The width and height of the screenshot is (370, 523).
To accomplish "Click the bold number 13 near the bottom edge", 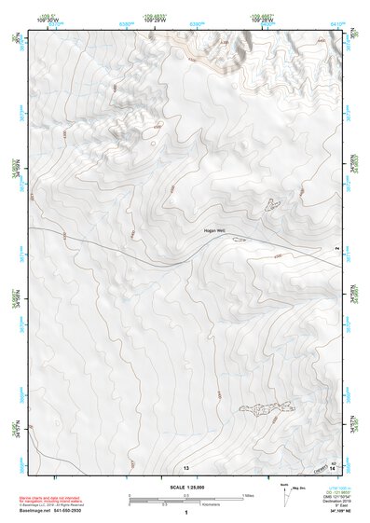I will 186,466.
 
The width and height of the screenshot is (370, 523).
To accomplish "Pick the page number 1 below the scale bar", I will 186,514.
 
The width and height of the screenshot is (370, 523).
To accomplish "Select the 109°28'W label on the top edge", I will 262,20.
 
